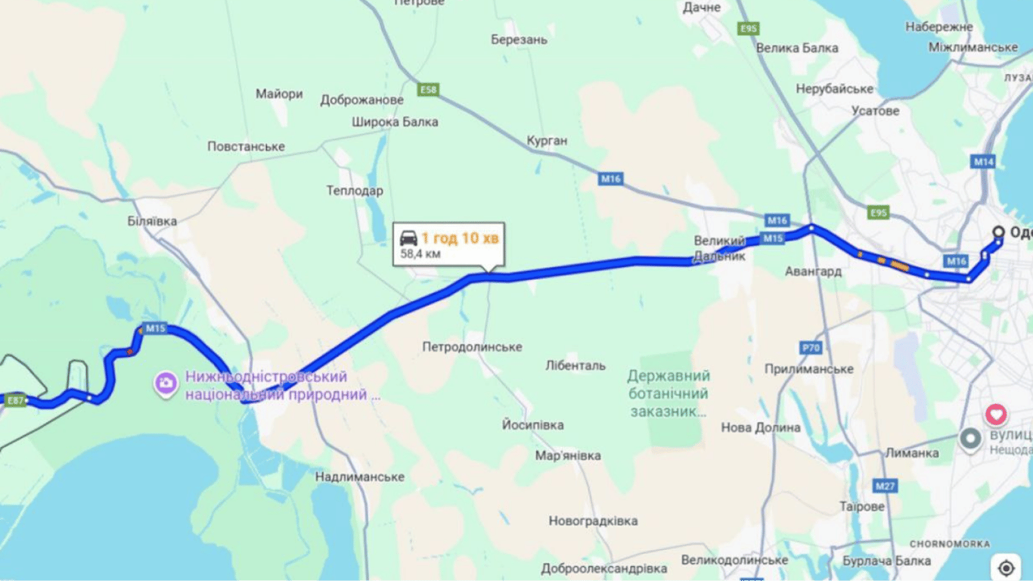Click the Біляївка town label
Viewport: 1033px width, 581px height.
click(153, 221)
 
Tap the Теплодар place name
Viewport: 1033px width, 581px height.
click(355, 191)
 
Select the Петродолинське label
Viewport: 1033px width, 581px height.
click(472, 346)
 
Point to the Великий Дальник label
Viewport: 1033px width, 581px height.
click(720, 248)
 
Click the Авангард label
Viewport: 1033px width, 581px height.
click(813, 272)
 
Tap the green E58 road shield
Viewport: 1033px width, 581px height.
click(428, 90)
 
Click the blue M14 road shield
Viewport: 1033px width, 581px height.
click(984, 162)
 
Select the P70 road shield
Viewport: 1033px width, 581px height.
click(811, 348)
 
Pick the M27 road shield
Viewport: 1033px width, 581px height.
click(885, 485)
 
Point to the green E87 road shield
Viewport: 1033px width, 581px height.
click(16, 400)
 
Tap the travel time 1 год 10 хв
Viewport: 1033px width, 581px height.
click(460, 239)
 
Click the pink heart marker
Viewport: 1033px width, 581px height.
click(997, 415)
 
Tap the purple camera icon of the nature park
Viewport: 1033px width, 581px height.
click(166, 384)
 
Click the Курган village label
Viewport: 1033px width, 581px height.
click(547, 141)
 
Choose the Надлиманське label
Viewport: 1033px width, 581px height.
click(360, 477)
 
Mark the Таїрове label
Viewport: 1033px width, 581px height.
click(861, 506)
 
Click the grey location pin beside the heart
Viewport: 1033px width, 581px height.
click(970, 438)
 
